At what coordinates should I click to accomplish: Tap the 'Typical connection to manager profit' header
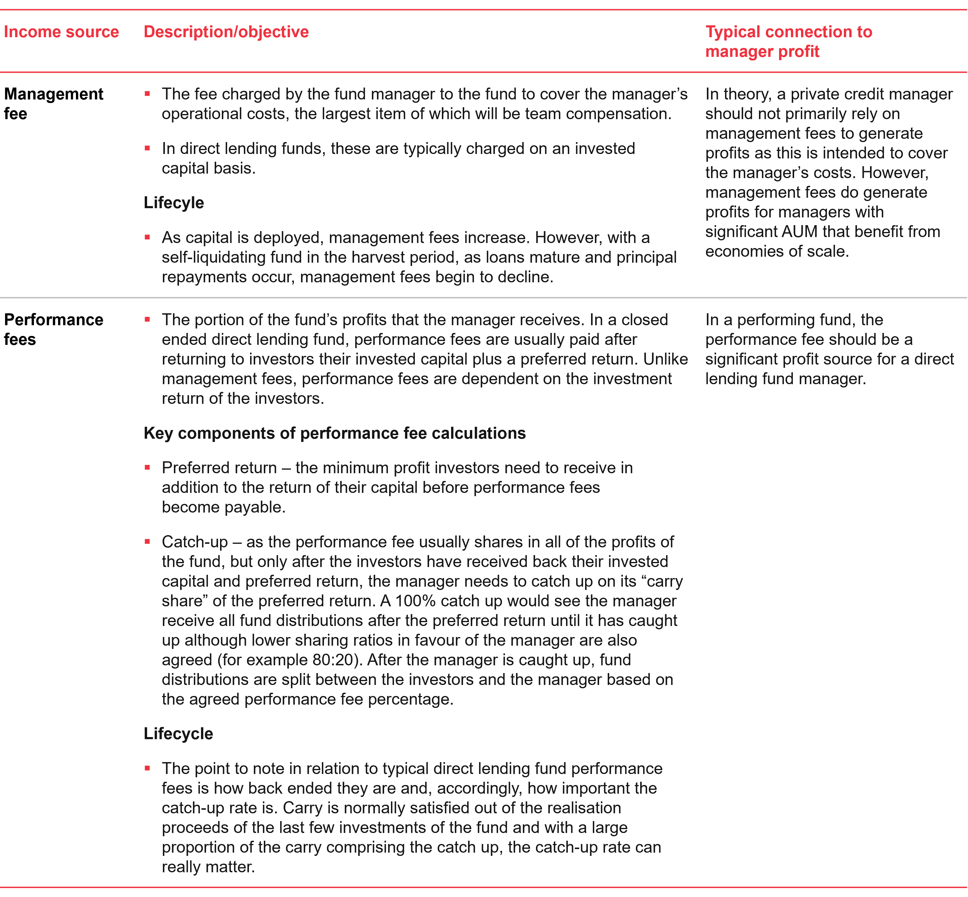point(788,41)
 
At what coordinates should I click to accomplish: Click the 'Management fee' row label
point(53,103)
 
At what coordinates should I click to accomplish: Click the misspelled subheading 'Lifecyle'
point(174,203)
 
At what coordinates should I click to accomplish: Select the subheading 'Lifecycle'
point(178,734)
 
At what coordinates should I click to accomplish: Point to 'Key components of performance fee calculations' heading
point(334,433)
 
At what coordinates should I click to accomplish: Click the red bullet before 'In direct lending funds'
point(147,148)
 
